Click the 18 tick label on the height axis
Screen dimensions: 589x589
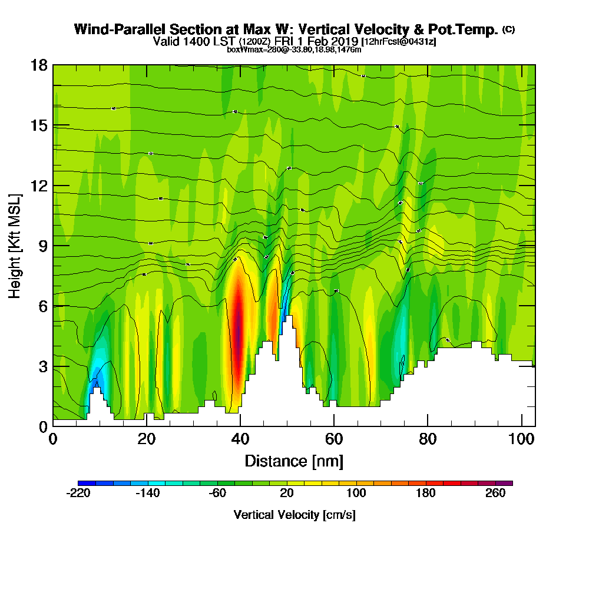click(39, 65)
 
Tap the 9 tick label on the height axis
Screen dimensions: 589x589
click(42, 246)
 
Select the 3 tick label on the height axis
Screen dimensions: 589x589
click(42, 366)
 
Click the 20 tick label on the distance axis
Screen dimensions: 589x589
click(147, 439)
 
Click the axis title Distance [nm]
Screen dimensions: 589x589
click(294, 461)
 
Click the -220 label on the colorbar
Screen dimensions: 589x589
click(78, 494)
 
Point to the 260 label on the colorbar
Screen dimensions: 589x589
click(495, 494)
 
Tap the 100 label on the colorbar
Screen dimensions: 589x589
click(356, 494)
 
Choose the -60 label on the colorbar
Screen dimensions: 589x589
click(217, 494)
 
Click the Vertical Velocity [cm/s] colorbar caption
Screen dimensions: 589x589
click(294, 515)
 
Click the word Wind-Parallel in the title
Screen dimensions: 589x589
click(120, 29)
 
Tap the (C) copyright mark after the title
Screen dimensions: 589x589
click(508, 29)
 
